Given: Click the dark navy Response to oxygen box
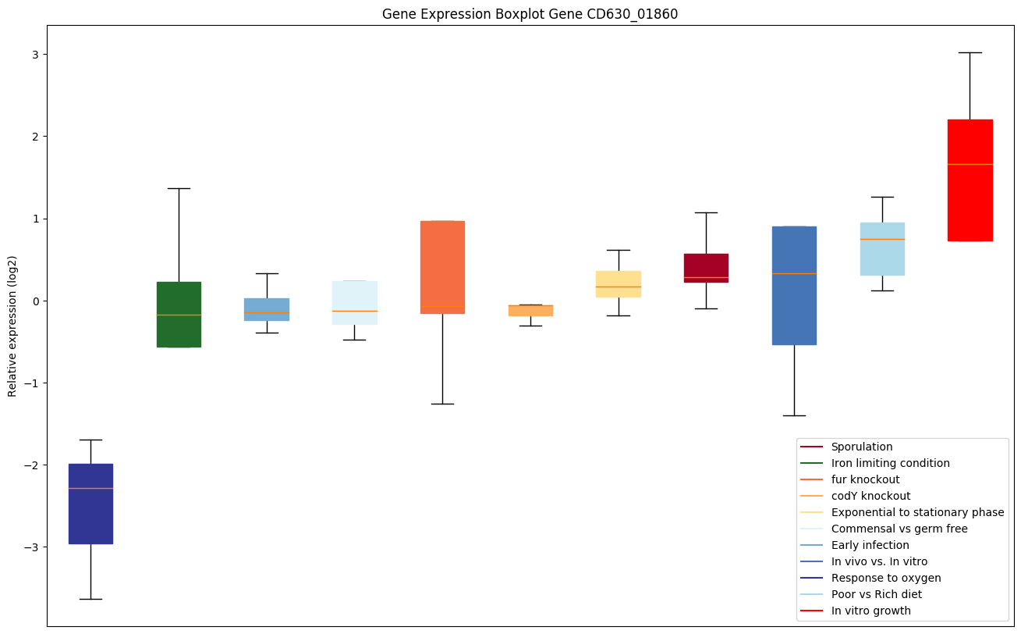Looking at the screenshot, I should point(90,504).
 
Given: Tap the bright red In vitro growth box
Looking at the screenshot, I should point(970,180).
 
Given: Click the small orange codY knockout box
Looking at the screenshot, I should point(530,311).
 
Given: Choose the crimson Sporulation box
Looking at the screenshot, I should point(706,268).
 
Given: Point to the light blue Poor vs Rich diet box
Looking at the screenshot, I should point(882,249).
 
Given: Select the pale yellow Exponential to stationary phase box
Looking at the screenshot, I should point(618,283).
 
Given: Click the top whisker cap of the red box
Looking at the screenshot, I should point(970,52).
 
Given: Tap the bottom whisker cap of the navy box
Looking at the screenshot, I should point(90,599).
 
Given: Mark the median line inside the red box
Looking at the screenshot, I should point(970,164).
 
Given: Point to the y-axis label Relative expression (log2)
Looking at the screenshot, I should point(12,326).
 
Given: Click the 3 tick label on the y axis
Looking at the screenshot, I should point(35,54).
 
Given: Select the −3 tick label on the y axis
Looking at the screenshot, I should point(32,547).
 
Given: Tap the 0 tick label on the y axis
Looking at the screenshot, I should point(35,301).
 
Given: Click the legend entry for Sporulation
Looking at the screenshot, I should point(861,447).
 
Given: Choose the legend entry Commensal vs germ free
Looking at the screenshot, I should point(899,529).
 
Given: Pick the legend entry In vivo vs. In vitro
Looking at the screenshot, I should point(879,561).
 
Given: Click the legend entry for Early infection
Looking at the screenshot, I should point(870,545).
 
